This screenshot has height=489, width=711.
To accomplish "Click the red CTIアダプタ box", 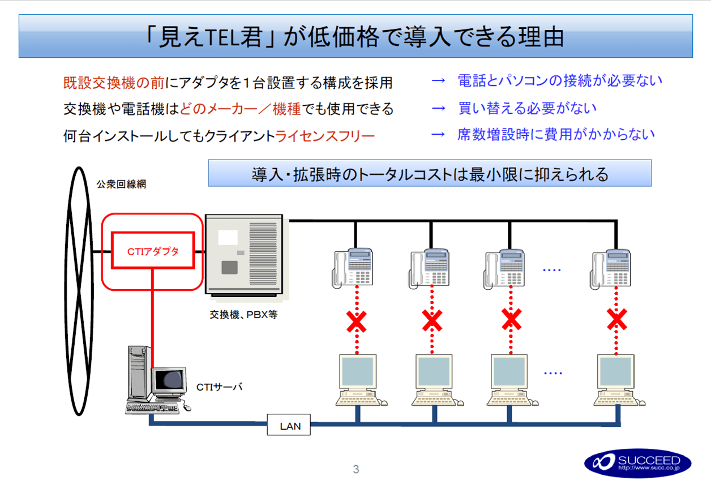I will [x=153, y=251].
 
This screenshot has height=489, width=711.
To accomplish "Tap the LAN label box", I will [x=289, y=425].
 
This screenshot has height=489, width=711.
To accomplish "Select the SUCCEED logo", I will [x=637, y=463].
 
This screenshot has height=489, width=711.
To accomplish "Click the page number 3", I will [x=355, y=469].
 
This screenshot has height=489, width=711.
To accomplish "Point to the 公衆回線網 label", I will [x=121, y=185].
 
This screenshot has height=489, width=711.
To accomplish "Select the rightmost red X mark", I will [x=616, y=320].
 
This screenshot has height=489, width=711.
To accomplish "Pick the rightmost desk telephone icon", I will [x=613, y=267].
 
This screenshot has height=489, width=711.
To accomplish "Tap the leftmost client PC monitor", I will [x=357, y=371].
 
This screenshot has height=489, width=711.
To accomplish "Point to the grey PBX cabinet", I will [x=243, y=254].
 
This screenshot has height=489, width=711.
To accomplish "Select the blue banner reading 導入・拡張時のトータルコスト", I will [x=430, y=173].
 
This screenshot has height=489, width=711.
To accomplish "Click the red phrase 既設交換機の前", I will [x=113, y=83].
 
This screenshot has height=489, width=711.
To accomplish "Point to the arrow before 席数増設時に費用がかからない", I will [x=439, y=135].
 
